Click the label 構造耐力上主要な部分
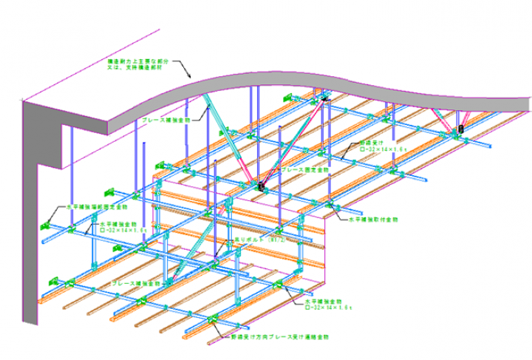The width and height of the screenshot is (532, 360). pyautogui.click(x=134, y=59)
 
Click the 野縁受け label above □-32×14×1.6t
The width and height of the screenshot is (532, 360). pyautogui.click(x=370, y=143)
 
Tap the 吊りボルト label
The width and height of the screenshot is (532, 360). pyautogui.click(x=245, y=240)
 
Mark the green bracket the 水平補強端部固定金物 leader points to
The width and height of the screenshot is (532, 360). pyautogui.click(x=51, y=223)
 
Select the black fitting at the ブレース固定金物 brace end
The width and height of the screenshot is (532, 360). pyautogui.click(x=261, y=187)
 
